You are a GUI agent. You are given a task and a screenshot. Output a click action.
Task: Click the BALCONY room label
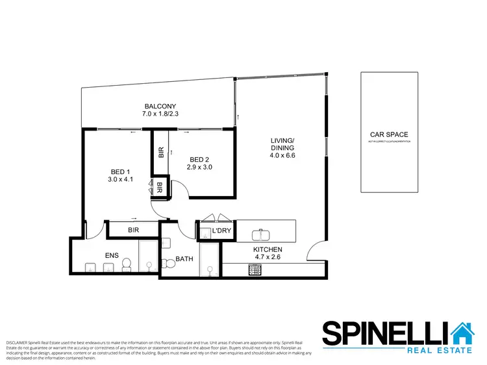click(160, 107)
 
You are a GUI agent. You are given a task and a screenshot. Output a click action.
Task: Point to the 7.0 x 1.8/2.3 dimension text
click(160, 114)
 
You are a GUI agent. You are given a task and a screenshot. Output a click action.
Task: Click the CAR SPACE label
click(388, 135)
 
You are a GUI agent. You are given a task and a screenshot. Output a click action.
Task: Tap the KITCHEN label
click(267, 249)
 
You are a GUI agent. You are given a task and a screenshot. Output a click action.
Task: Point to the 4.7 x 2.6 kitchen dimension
click(267, 257)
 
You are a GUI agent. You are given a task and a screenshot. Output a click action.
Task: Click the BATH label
click(184, 259)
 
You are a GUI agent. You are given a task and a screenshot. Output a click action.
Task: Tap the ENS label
click(112, 256)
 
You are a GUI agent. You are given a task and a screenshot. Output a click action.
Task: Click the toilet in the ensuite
click(128, 263)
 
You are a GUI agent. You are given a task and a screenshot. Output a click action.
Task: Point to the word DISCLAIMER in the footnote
click(16, 341)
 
